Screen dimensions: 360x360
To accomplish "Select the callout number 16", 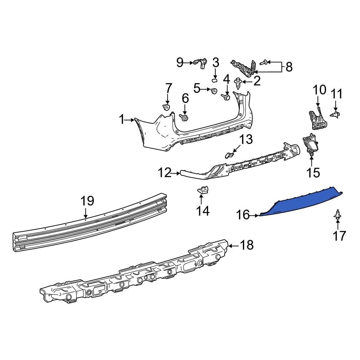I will point(243,215).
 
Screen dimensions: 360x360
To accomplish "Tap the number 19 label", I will point(87,201).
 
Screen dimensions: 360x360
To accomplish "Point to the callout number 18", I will point(247,246).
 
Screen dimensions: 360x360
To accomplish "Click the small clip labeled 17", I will point(338,215).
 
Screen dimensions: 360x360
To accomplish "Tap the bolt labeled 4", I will point(226,96).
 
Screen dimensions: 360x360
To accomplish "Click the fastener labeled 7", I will point(167,107).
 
